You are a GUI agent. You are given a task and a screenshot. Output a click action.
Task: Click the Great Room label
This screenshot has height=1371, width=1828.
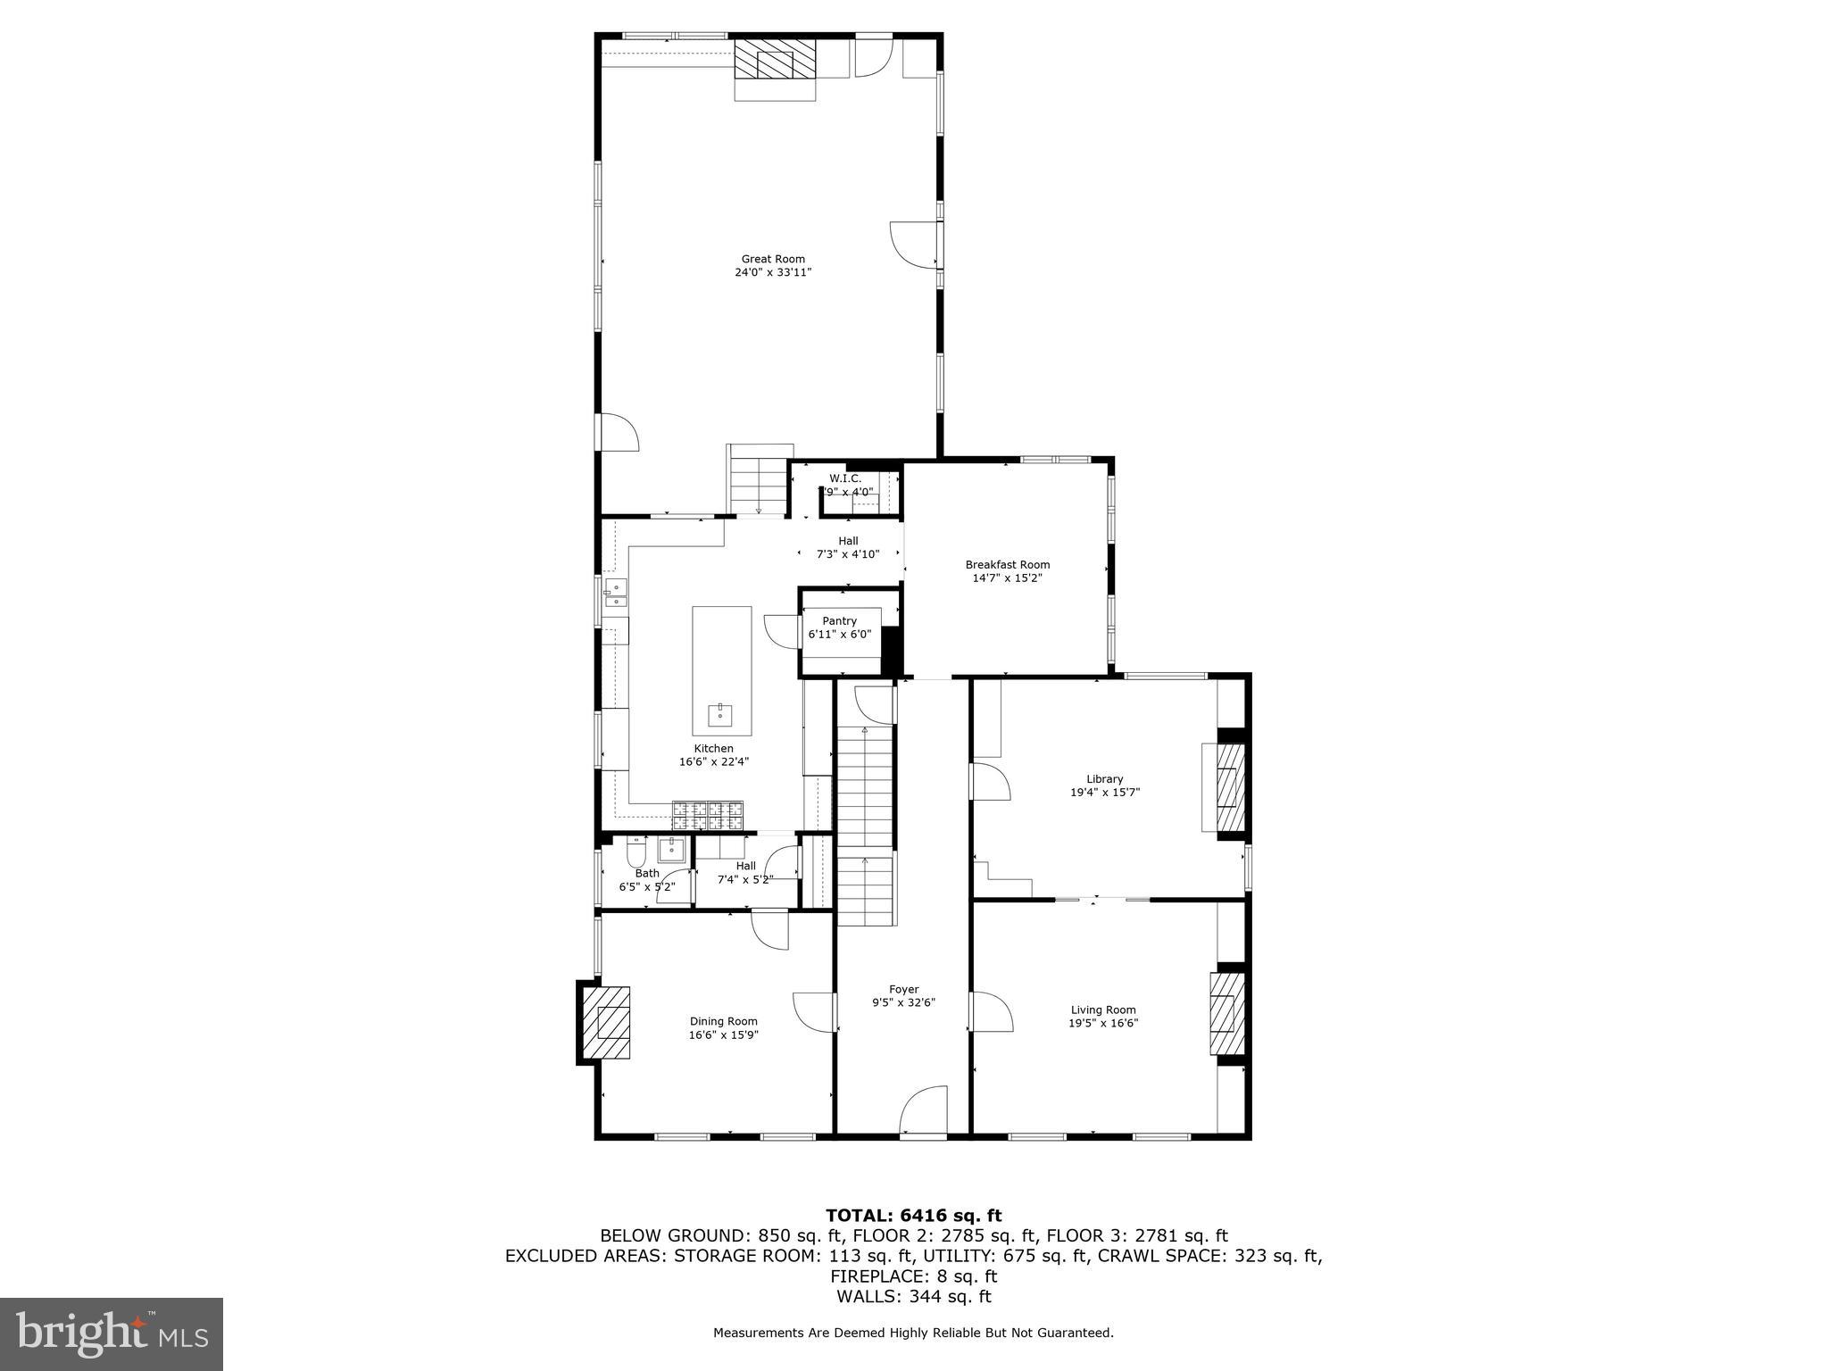click(x=773, y=259)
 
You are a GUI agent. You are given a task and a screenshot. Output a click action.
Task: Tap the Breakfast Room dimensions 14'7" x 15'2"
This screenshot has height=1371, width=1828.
click(x=1007, y=578)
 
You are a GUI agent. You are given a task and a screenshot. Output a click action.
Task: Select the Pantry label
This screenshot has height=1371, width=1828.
click(x=839, y=621)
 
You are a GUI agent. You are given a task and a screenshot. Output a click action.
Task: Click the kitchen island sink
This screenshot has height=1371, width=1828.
click(x=719, y=715)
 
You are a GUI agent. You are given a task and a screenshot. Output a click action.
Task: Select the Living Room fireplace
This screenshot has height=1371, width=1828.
click(x=1226, y=1014)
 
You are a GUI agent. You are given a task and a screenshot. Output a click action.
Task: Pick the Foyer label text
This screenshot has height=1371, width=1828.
click(x=903, y=989)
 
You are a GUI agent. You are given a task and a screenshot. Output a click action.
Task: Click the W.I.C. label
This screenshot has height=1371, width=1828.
click(x=844, y=478)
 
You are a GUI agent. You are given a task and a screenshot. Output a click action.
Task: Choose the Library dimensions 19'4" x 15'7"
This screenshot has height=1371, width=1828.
click(x=1105, y=793)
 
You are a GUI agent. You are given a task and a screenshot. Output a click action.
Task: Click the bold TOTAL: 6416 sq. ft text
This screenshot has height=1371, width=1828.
click(x=913, y=1216)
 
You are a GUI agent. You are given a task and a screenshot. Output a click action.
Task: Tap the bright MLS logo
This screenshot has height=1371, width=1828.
click(x=112, y=1334)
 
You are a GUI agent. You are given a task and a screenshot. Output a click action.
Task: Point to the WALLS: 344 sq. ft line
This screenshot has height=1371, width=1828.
click(x=913, y=1297)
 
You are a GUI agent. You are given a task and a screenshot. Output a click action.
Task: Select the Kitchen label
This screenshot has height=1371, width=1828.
click(x=713, y=749)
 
